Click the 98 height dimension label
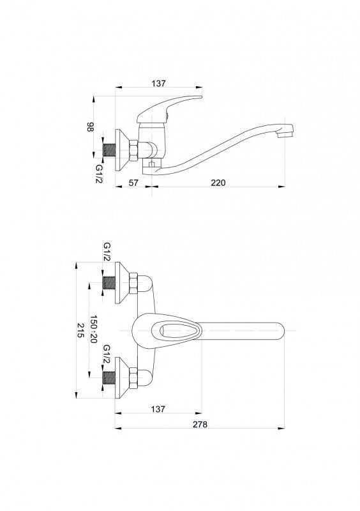tap(90, 127)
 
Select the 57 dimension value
tap(133, 183)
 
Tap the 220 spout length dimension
tap(218, 183)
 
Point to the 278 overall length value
tap(200, 424)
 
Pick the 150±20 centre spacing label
tap(93, 329)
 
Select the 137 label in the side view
tap(158, 83)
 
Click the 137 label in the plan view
tap(158, 408)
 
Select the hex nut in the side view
tap(133, 151)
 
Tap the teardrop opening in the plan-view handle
tap(176, 331)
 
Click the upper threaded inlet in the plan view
tap(109, 282)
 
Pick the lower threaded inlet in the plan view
tap(109, 378)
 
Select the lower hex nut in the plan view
tap(133, 378)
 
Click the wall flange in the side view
tap(122, 150)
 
